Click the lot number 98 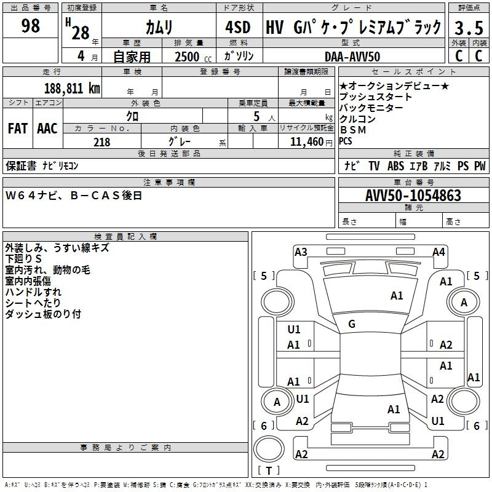30,25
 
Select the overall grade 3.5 469,28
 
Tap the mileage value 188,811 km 72,88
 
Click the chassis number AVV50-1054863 413,195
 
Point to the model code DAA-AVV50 352,57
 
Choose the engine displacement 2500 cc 193,57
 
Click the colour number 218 101,142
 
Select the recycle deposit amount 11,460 307,142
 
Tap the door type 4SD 238,27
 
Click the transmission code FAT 18,129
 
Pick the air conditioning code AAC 47,129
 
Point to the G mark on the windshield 352,324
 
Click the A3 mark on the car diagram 301,252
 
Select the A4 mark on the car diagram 438,252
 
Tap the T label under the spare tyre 269,470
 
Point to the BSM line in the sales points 353,130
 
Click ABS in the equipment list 395,165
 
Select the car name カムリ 159,27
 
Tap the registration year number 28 81,33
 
